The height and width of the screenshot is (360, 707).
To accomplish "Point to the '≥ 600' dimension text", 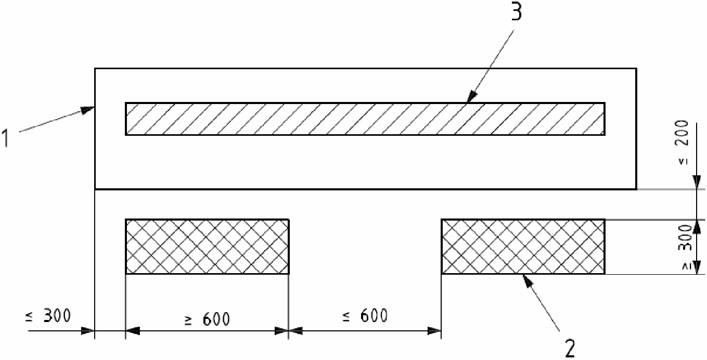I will coord(207,318).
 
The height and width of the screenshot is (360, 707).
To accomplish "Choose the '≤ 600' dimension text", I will coord(366,315).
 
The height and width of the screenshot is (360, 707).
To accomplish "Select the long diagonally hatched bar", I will coord(365,119).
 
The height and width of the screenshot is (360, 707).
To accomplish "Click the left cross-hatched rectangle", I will coord(207,246).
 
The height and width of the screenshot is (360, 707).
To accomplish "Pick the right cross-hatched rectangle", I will coord(523,246).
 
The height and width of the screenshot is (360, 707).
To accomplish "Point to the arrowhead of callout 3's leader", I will coord(470,99).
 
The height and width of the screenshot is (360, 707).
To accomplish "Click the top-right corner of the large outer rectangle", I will coord(636,68).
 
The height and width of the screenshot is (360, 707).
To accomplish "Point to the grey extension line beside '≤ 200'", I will coord(671,189).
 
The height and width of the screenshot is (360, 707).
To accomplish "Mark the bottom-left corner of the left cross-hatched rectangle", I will coord(126,274).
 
